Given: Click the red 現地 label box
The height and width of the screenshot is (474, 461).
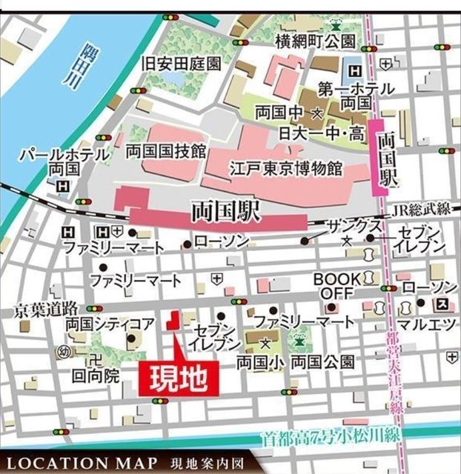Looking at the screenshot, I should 179,379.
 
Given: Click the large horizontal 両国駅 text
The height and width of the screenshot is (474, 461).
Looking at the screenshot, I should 225,212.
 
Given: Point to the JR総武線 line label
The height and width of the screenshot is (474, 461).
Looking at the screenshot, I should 421,210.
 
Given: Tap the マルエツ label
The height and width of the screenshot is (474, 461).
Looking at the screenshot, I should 421,324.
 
